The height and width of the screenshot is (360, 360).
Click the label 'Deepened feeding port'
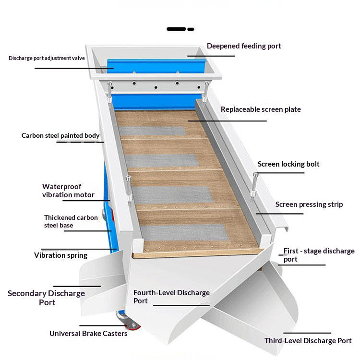tap(244, 46)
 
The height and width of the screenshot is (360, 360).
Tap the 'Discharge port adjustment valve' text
tap(47, 58)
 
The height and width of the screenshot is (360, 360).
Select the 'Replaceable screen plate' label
tap(261, 109)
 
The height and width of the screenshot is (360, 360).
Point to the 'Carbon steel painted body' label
tap(60, 135)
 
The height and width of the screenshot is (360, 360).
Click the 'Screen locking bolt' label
tap(288, 164)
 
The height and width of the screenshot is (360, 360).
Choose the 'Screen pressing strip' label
tap(309, 204)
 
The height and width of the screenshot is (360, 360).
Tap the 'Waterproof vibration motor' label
tap(68, 191)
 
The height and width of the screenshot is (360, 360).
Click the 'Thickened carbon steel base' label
tap(71, 221)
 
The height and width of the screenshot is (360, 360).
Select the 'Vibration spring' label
tap(60, 255)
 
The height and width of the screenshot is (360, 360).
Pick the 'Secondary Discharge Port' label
tap(47, 298)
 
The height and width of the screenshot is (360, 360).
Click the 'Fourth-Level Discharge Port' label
tap(171, 297)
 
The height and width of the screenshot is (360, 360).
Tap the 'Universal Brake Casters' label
tap(88, 334)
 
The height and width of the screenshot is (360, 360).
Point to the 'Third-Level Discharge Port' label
tap(308, 341)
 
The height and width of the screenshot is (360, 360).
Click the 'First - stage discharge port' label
tap(319, 255)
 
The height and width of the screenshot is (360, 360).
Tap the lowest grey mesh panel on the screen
tap(184, 233)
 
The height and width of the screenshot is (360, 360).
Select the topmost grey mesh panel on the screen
tap(152, 131)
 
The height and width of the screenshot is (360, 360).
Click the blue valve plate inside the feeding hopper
tap(156, 66)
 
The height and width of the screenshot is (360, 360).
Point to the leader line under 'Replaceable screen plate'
tap(227, 121)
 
